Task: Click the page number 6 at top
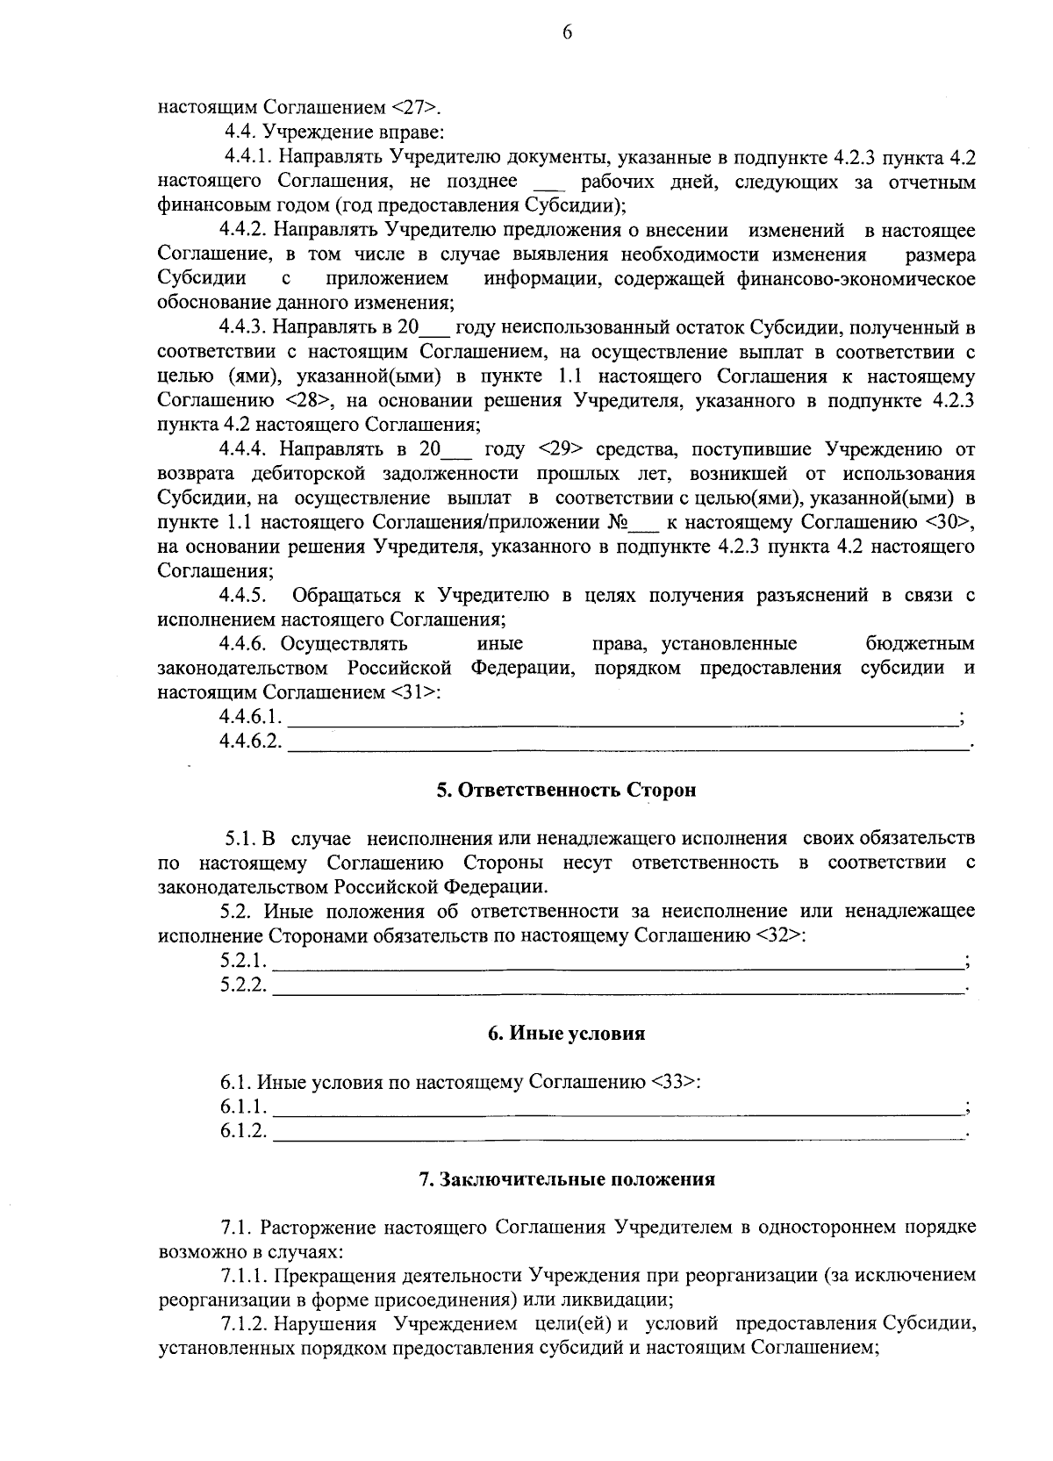click(x=566, y=33)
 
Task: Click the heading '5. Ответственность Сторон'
click(x=566, y=790)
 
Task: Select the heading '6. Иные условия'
click(x=566, y=1034)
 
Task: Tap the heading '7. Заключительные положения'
click(x=566, y=1179)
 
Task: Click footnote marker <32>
click(x=780, y=935)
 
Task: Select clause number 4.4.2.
click(x=243, y=231)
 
